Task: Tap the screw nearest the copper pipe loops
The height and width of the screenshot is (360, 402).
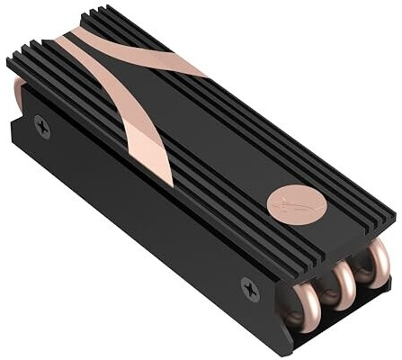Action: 249,289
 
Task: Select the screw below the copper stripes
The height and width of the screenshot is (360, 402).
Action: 41,128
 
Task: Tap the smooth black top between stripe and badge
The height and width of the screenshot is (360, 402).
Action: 225,153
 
